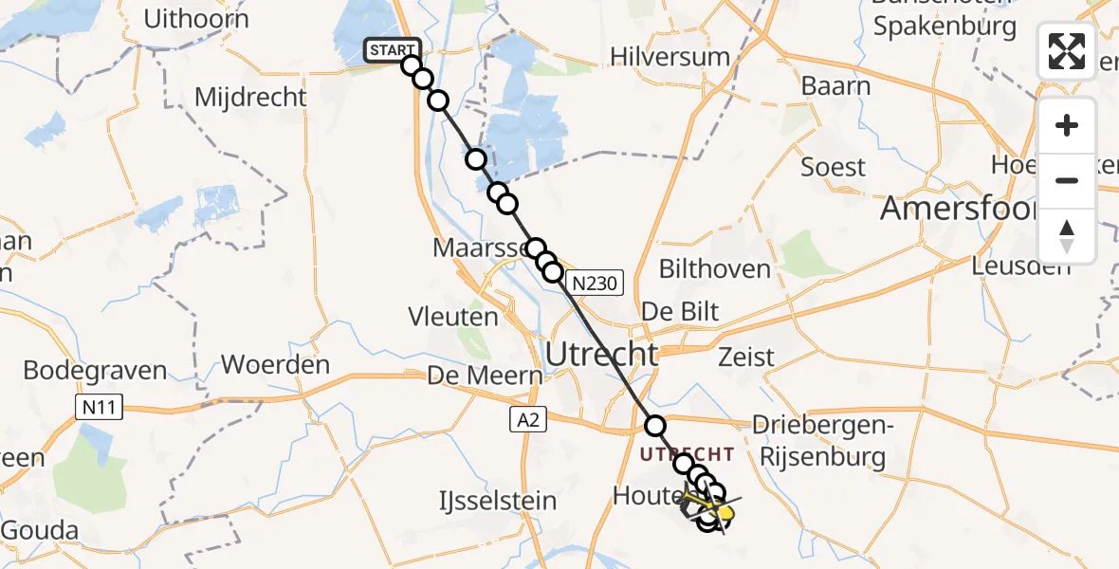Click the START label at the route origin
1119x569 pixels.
(x=391, y=50)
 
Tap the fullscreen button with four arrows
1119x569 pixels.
(x=1066, y=51)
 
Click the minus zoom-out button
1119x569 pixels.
(x=1067, y=180)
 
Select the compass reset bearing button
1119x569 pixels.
(x=1067, y=235)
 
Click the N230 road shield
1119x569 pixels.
(x=595, y=282)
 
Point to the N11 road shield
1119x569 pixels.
(x=95, y=408)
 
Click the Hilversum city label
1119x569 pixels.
(x=670, y=57)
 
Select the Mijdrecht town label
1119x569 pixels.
(x=250, y=98)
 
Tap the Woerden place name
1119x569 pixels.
(x=275, y=365)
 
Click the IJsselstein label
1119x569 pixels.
(x=497, y=500)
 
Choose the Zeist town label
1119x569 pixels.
(x=746, y=358)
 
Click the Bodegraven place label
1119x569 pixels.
(x=95, y=371)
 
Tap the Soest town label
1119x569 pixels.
(x=833, y=168)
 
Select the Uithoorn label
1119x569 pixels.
(x=197, y=19)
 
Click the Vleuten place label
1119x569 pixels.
(x=452, y=316)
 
